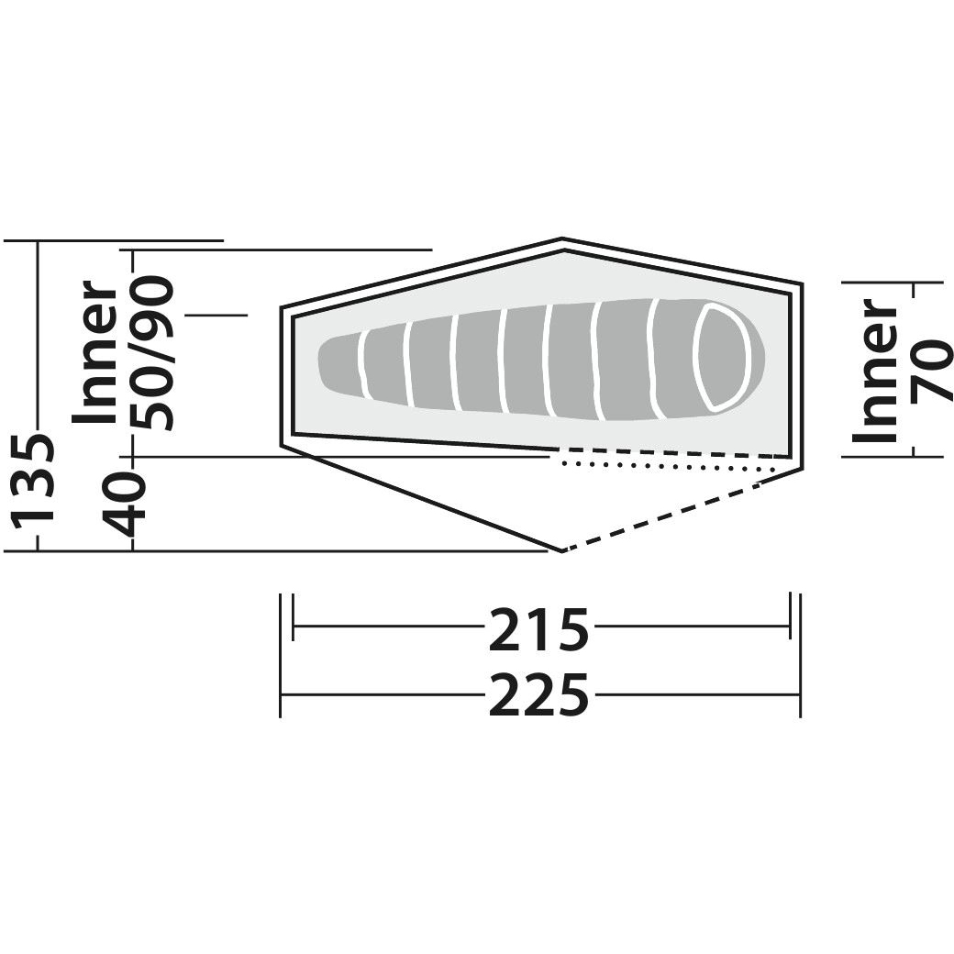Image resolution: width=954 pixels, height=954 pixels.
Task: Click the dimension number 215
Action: click(x=539, y=629)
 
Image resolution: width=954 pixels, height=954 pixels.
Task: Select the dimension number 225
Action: click(x=539, y=693)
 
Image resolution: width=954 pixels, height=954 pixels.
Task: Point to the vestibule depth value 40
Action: click(x=126, y=505)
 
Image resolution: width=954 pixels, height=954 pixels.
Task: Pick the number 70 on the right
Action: click(x=931, y=371)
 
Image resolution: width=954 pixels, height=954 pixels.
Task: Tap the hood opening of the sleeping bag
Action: click(x=722, y=357)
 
